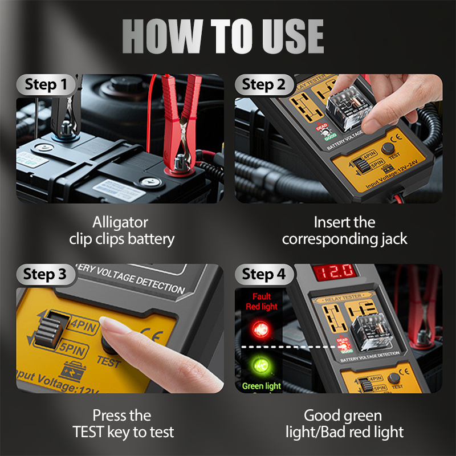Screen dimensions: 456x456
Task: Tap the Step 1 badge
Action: point(49,85)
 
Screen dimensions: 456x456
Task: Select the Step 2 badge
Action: point(263,85)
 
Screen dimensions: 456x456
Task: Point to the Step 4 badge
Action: point(263,274)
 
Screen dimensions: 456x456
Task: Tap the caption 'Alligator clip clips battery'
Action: point(121,230)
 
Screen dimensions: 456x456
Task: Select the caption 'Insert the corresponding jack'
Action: point(344,230)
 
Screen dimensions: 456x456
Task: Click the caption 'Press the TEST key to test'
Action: point(121,424)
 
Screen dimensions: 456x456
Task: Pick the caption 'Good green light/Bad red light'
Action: point(344,424)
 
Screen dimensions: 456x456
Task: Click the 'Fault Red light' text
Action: point(262,301)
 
